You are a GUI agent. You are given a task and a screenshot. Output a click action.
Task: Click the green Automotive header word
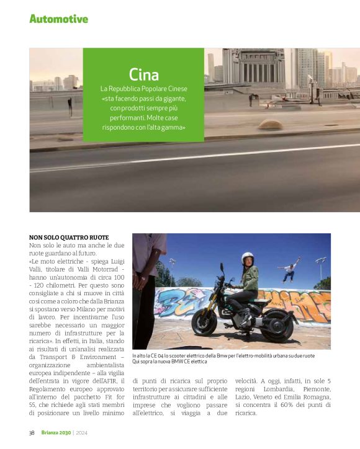click(58, 19)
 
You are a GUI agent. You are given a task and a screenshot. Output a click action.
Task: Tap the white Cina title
click(143, 72)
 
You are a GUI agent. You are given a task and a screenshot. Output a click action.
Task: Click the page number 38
click(32, 433)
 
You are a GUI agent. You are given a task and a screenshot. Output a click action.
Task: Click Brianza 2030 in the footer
click(56, 433)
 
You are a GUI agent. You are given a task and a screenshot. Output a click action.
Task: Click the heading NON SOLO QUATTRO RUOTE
click(69, 238)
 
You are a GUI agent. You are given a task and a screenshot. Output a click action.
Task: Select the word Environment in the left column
click(100, 357)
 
